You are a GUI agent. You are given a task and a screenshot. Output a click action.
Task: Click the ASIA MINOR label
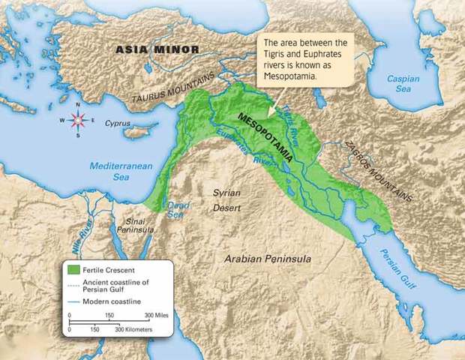click(157, 49)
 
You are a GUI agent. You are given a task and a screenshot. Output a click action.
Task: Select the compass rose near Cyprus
click(76, 120)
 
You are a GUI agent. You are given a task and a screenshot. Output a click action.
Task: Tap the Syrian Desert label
click(227, 199)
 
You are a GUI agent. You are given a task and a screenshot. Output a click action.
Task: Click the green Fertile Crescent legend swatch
click(73, 268)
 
